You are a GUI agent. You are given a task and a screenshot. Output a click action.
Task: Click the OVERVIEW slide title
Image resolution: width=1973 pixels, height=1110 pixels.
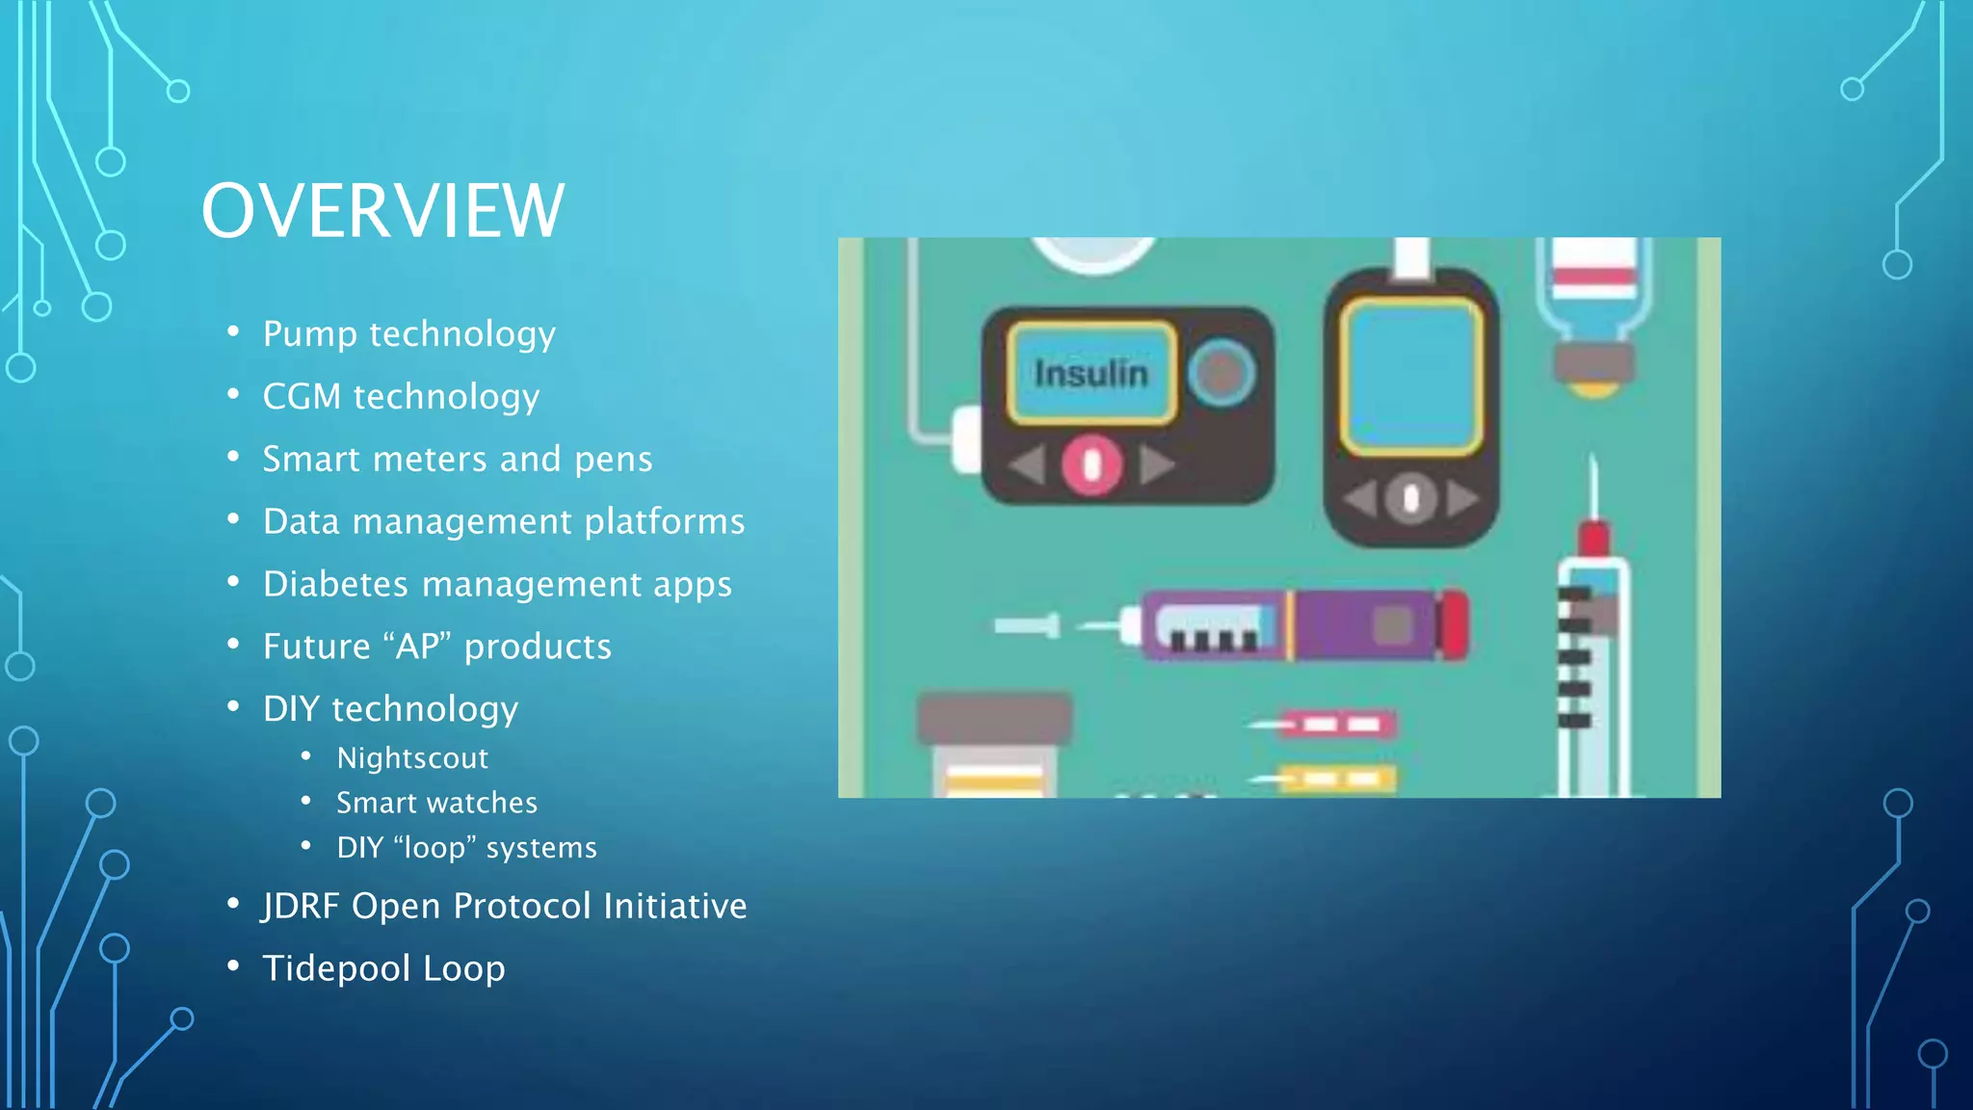382,211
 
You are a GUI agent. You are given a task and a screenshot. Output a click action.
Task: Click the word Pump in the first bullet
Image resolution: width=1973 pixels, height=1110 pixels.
310,334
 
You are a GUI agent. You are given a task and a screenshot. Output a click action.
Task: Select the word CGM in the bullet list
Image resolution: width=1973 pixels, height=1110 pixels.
302,396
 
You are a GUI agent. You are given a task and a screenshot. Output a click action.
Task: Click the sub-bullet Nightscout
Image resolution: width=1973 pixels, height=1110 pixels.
412,758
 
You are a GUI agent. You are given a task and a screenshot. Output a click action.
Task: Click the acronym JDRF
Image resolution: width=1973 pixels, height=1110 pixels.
300,906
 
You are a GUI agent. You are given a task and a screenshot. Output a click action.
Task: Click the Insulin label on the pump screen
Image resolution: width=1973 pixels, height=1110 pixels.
1092,374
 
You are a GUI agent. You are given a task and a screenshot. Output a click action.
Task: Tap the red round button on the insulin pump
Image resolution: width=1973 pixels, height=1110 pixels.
1092,465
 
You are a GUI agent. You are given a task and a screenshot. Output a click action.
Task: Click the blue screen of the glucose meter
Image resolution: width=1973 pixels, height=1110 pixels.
1411,376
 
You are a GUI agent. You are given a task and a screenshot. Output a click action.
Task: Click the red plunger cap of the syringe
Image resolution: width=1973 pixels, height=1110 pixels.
1594,538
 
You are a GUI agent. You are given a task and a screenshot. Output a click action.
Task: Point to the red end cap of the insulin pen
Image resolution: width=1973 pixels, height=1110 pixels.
1453,625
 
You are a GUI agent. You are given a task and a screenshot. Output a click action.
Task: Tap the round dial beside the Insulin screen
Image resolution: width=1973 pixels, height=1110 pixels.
1221,372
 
